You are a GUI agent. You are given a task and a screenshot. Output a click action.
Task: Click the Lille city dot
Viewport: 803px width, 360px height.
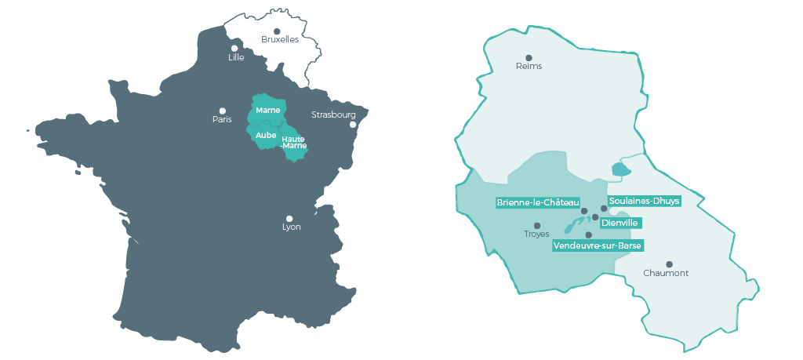tap(234, 48)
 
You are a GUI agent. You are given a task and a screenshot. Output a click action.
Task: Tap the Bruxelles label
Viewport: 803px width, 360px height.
tap(280, 40)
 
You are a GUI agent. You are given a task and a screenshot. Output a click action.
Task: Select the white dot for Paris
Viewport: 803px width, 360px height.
tap(223, 111)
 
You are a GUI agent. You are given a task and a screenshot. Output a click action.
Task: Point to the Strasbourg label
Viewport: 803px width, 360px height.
tap(333, 115)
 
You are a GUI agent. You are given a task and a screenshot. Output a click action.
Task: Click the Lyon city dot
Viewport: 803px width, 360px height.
tap(289, 219)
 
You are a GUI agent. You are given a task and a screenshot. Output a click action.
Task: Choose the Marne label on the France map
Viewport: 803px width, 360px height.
tap(268, 110)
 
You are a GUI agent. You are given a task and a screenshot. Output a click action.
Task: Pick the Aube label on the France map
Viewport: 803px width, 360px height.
tap(266, 135)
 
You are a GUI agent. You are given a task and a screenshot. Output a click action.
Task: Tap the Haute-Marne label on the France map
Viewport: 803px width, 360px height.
tap(293, 142)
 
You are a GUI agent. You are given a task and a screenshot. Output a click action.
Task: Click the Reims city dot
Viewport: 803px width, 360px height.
tap(529, 57)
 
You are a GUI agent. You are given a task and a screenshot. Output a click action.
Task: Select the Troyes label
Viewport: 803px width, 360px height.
tap(536, 235)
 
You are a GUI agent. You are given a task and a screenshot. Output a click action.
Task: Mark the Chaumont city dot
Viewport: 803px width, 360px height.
tap(669, 264)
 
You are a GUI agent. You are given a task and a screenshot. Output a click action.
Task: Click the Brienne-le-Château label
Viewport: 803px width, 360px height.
tap(538, 202)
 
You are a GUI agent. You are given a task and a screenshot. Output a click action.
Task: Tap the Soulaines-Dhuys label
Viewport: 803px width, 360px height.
tap(644, 200)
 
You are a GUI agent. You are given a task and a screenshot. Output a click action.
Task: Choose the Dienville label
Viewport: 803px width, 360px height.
tap(620, 223)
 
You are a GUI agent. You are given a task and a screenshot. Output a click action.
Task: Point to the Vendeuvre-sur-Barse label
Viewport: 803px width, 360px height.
tap(598, 245)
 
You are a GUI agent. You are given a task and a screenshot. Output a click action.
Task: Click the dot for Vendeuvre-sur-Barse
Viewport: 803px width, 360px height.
tap(589, 235)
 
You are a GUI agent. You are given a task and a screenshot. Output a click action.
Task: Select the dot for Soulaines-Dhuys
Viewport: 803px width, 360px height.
tap(604, 209)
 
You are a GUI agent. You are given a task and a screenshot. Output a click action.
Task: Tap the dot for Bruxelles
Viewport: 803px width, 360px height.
tap(277, 31)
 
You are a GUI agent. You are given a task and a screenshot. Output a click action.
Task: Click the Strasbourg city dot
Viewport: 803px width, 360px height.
tap(353, 125)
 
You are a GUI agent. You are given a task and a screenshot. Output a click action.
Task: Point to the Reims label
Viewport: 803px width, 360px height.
tap(529, 67)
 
